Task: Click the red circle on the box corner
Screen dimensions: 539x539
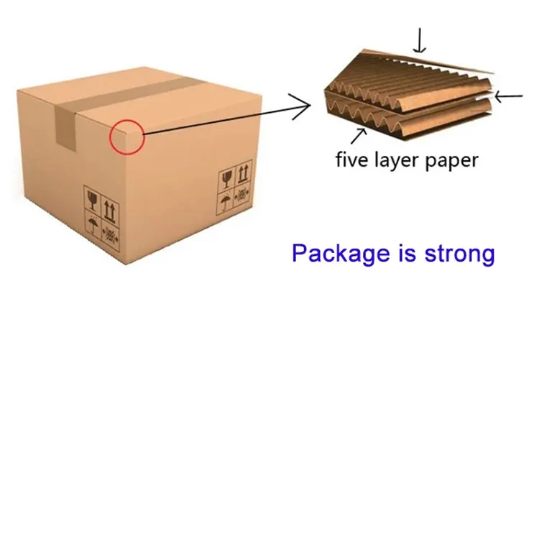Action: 127,137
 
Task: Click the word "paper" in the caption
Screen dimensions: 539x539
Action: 451,161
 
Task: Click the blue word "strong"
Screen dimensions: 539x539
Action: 458,254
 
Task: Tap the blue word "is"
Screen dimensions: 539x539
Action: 407,253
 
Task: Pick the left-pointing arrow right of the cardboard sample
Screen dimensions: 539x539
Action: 509,96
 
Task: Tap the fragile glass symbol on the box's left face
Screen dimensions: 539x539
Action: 92,198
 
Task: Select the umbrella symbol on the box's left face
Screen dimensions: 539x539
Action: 93,224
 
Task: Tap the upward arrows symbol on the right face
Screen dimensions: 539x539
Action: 244,172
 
